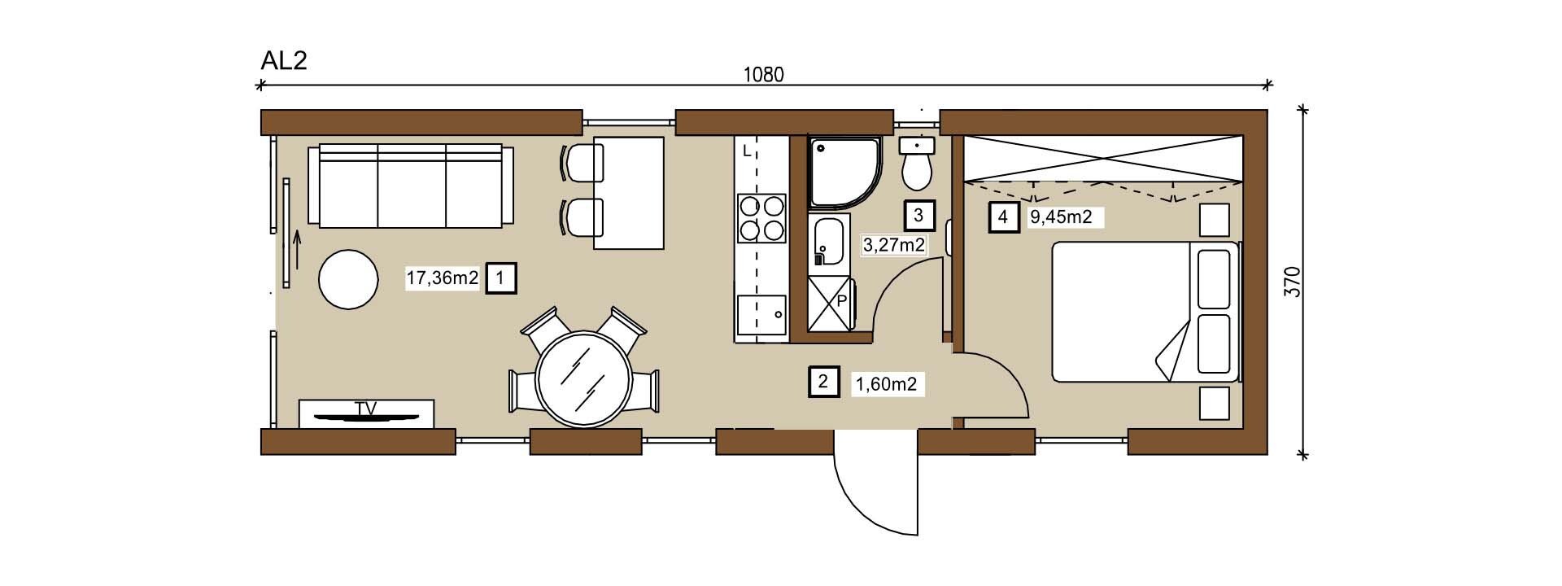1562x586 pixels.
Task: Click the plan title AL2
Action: coord(284,61)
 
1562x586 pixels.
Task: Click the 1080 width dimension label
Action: coord(764,75)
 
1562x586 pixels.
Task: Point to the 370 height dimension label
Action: coord(1293,281)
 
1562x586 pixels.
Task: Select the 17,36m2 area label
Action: coord(443,278)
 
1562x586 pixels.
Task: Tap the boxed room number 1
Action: coord(500,278)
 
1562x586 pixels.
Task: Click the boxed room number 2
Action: coord(823,382)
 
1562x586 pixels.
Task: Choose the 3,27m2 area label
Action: coord(893,244)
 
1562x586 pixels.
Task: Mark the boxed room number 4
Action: coord(1004,217)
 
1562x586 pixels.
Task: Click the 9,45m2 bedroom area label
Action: coord(1061,216)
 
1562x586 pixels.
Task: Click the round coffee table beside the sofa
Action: coord(348,279)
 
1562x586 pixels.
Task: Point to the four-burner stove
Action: coord(761,218)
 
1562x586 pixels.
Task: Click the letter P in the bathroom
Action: coord(842,300)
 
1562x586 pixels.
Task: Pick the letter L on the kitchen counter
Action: coord(747,150)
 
